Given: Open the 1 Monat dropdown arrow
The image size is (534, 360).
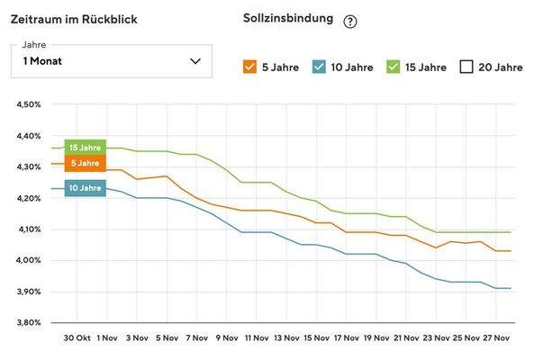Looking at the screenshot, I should pyautogui.click(x=195, y=61).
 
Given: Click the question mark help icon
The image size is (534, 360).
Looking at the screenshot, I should pyautogui.click(x=350, y=22).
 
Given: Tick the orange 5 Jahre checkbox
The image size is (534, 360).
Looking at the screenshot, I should pyautogui.click(x=250, y=67).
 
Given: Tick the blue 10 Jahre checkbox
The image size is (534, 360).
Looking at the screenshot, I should pyautogui.click(x=319, y=67).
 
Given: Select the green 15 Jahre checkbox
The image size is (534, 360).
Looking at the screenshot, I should pyautogui.click(x=393, y=67).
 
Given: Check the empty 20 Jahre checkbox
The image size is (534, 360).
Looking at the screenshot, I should pyautogui.click(x=466, y=67).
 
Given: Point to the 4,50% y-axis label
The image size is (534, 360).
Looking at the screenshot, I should pyautogui.click(x=28, y=104).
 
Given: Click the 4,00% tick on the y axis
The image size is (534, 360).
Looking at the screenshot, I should pyautogui.click(x=28, y=260).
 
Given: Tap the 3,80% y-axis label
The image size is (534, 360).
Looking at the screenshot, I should pyautogui.click(x=28, y=322).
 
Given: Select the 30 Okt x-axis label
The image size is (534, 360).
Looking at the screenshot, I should pyautogui.click(x=77, y=338).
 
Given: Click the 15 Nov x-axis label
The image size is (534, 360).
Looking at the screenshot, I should pyautogui.click(x=316, y=338).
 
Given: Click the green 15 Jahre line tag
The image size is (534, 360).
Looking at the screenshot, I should pyautogui.click(x=85, y=147).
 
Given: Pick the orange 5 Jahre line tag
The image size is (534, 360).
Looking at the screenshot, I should pyautogui.click(x=85, y=163).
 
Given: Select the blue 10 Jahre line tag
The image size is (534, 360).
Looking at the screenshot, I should pyautogui.click(x=85, y=188).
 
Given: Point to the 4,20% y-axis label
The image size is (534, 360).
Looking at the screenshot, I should pyautogui.click(x=28, y=198).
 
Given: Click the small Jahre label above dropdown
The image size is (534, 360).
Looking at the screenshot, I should pyautogui.click(x=34, y=45).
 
